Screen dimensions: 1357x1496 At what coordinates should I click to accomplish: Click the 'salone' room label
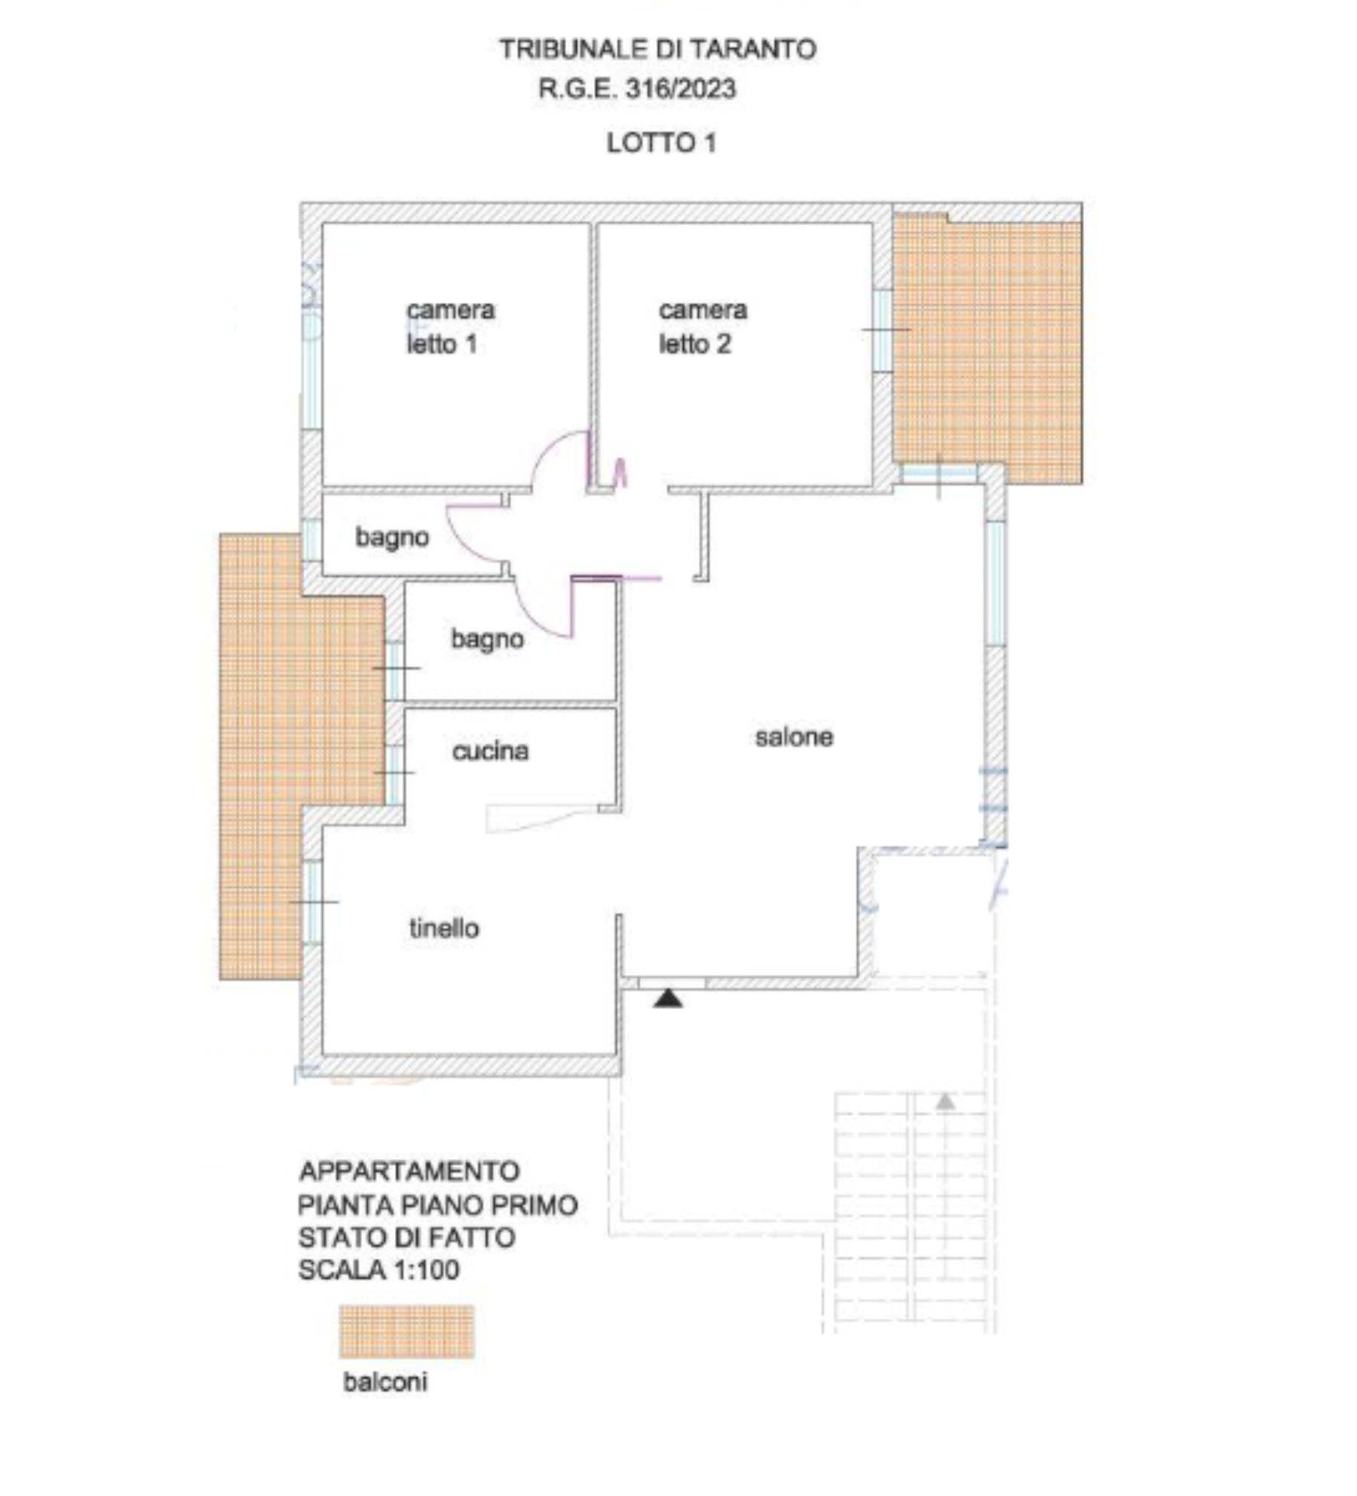[794, 736]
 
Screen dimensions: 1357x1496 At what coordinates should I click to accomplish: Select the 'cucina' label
[490, 751]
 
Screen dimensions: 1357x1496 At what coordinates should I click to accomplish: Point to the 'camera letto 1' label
[450, 327]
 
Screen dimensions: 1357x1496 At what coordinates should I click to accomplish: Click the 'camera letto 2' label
[703, 327]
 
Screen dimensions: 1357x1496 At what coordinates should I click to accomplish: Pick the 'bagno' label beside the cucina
[488, 639]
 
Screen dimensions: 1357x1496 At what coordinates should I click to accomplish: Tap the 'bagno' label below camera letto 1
[392, 537]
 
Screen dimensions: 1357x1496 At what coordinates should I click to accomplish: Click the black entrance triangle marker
[668, 999]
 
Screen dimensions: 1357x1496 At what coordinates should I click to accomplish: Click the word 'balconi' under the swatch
[385, 1381]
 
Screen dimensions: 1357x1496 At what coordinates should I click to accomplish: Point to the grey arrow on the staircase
[945, 1102]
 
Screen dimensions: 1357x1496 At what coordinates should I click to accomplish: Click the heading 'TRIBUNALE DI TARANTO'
[657, 50]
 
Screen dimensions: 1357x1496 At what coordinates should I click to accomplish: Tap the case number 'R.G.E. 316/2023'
[637, 89]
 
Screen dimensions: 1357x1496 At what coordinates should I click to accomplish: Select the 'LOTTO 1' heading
[661, 142]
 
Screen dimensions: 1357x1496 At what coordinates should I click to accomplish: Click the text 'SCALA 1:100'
[378, 1270]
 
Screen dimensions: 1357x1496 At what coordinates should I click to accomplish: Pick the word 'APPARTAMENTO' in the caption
[409, 1171]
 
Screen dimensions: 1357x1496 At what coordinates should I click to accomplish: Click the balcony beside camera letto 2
[988, 347]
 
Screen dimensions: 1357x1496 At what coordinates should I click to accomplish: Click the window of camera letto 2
[883, 329]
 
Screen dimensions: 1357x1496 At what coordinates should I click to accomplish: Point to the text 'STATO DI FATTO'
[407, 1237]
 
